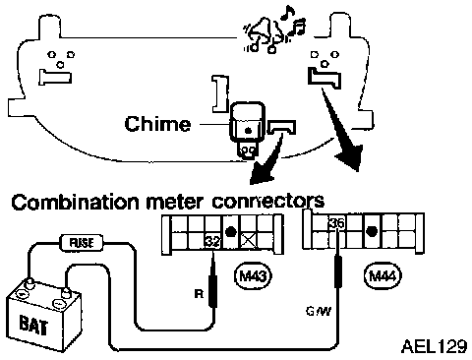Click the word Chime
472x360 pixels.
tap(157, 124)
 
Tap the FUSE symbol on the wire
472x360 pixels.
tap(82, 243)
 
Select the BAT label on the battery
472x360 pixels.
tap(33, 325)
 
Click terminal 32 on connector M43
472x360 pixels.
tap(213, 241)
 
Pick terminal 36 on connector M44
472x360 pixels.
tap(337, 223)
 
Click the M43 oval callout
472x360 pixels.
tap(254, 276)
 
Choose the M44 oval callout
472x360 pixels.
tap(383, 276)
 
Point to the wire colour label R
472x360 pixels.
tap(199, 294)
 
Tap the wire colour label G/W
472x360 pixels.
tap(319, 311)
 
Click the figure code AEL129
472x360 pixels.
tap(434, 346)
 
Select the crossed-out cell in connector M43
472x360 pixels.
tap(249, 241)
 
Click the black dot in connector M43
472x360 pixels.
tap(231, 231)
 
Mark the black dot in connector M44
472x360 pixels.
tap(371, 231)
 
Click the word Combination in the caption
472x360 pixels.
tap(75, 202)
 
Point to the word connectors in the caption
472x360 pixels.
tap(267, 201)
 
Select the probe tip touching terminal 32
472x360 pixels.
tap(213, 253)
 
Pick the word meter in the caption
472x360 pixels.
tap(175, 202)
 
